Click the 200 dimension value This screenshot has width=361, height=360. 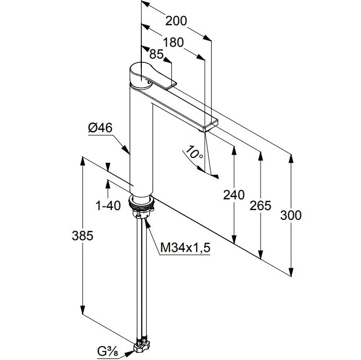176,21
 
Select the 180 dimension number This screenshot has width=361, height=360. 174,42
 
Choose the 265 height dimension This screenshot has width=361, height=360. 261,205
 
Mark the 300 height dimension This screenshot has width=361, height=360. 291,215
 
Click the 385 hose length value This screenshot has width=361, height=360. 83,235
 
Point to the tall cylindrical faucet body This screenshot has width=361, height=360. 141,140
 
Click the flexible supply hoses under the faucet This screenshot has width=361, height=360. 142,274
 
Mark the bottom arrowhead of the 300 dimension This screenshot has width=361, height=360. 291,272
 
